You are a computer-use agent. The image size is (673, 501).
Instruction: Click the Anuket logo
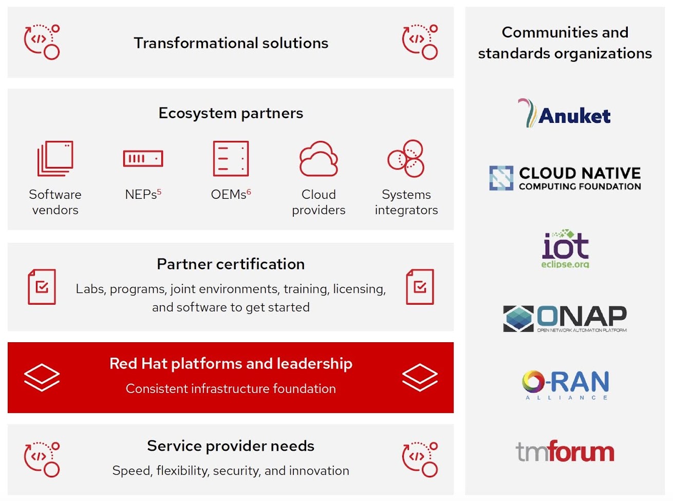[565, 113]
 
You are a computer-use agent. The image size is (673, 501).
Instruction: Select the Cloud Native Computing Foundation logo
[565, 178]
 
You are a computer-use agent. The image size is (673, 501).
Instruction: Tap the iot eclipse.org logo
[565, 249]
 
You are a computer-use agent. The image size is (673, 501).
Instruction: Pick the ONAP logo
[565, 319]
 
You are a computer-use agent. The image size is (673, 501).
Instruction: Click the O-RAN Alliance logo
[565, 385]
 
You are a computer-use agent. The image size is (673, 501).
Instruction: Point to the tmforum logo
[565, 452]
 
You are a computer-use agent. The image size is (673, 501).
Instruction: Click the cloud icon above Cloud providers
[319, 159]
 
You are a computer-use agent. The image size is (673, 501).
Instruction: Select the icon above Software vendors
[55, 159]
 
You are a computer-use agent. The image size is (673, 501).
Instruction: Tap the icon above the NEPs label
[143, 158]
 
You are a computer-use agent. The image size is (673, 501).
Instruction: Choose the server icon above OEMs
[231, 159]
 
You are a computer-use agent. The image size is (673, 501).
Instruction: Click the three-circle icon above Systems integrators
[406, 158]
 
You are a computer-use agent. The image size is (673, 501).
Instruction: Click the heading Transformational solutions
[231, 43]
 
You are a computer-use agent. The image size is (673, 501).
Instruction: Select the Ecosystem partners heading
[231, 113]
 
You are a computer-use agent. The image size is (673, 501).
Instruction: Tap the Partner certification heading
[231, 264]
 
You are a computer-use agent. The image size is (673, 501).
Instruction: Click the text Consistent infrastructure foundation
[231, 389]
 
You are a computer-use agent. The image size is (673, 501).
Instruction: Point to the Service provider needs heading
[231, 446]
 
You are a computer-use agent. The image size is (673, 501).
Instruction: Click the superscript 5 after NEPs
[159, 192]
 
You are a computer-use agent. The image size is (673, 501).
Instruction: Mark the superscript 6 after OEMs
[249, 192]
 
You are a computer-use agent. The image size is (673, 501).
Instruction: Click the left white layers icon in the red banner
[42, 377]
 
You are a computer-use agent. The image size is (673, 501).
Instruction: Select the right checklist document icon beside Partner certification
[420, 287]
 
